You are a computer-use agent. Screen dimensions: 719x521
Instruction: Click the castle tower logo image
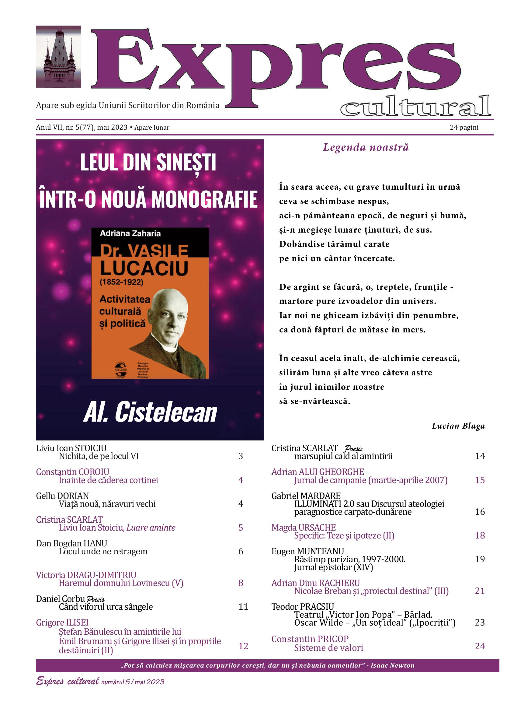tap(58, 56)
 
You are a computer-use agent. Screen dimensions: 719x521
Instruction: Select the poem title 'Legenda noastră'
tap(366, 147)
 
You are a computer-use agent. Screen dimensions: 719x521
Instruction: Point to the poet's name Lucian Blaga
tap(458, 426)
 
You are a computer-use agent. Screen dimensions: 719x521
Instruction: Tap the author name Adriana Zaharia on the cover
tap(130, 234)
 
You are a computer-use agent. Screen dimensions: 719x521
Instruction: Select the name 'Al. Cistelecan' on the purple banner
tap(150, 412)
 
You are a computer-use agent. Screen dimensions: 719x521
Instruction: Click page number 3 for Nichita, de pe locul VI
tap(240, 456)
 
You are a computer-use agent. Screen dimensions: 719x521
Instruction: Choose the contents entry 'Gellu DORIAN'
tap(62, 496)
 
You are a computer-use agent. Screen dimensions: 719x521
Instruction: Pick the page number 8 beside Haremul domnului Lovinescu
tap(240, 583)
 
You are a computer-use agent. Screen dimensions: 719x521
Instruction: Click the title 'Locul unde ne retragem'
tap(103, 551)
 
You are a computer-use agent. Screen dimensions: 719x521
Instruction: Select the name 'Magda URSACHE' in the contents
tap(304, 528)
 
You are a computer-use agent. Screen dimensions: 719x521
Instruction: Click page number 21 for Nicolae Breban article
tap(480, 591)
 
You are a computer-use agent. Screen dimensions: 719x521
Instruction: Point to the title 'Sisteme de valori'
tap(328, 648)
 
